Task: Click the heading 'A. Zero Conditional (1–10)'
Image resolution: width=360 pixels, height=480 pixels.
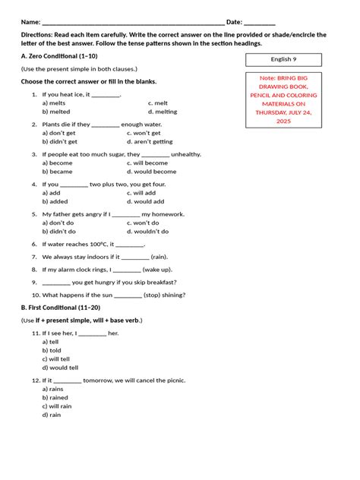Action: coord(58,57)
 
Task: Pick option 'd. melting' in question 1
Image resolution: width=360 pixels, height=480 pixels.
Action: coord(163,112)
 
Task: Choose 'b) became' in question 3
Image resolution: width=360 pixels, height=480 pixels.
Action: coord(57,172)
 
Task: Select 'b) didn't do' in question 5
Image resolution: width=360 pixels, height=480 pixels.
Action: coord(58,232)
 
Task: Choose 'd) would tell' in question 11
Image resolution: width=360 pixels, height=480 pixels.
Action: coord(60,368)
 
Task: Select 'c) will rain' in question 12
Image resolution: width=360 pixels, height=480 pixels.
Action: coord(58,406)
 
